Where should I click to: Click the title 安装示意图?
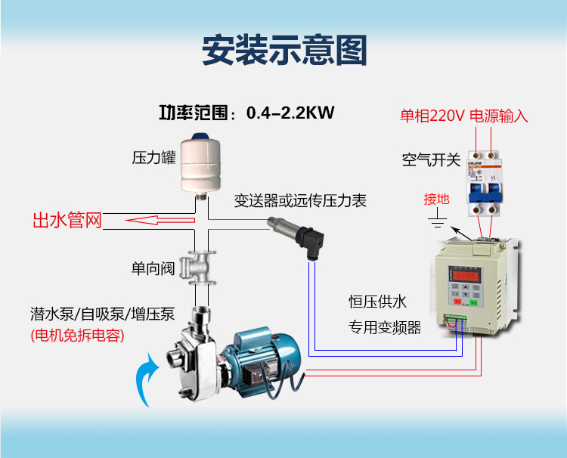(x=284, y=50)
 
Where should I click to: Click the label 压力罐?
(x=153, y=158)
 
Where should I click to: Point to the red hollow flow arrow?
(x=160, y=220)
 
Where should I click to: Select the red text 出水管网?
(x=67, y=220)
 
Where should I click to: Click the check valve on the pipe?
(x=199, y=268)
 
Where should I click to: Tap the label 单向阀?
(x=153, y=268)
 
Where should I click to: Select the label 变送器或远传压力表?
(x=300, y=201)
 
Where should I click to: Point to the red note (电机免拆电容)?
(x=77, y=336)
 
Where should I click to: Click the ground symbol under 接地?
(x=437, y=220)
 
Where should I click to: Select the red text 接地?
(x=436, y=199)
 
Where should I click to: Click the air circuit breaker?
(x=485, y=184)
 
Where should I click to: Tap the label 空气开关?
(x=431, y=159)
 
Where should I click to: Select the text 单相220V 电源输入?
(x=463, y=116)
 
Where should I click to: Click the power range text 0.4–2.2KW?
(x=290, y=113)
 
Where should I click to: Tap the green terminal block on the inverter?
(x=455, y=317)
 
